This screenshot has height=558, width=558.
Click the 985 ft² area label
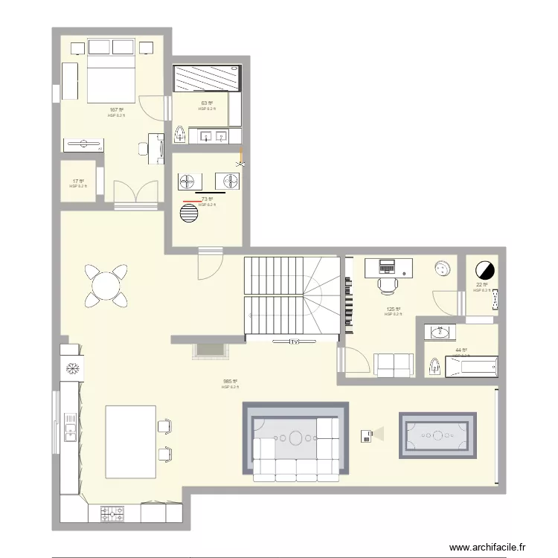229,382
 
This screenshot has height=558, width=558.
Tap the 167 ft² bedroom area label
116,110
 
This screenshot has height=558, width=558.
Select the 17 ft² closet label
77,181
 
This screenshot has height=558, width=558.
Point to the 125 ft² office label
393,309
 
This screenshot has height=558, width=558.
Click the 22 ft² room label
481,285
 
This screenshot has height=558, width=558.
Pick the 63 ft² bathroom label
206,103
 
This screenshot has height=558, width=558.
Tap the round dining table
107,284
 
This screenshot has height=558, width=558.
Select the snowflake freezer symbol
73,369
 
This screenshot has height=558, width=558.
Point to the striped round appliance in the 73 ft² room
190,214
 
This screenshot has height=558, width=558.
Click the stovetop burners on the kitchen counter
112,513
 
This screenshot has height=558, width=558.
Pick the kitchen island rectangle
130,441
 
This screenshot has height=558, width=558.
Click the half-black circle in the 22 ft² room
485,269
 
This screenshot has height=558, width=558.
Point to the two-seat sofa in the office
394,365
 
